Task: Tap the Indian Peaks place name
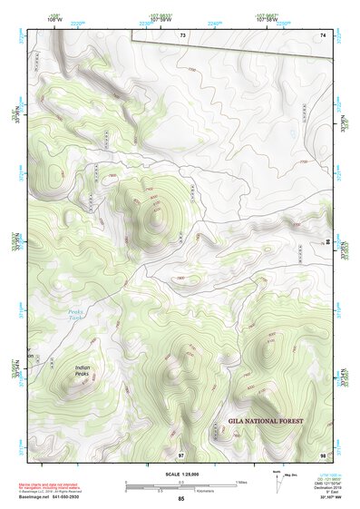click(83, 371)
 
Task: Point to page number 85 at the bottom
click(180, 499)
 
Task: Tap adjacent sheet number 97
click(181, 453)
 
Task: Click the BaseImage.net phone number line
click(54, 497)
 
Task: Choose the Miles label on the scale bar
click(241, 482)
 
